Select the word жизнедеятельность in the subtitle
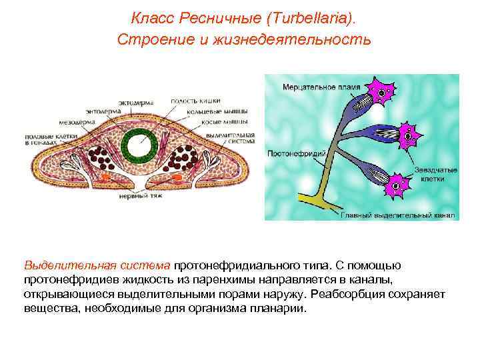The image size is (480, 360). pos(299,39)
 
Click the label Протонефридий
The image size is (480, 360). pos(296,153)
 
